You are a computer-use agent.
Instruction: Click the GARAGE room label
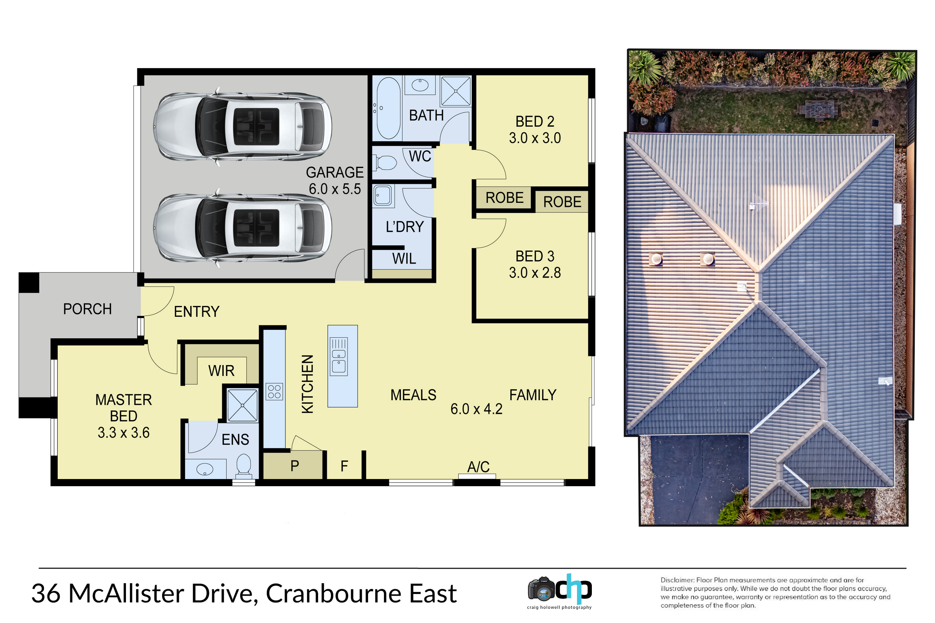pyautogui.click(x=335, y=173)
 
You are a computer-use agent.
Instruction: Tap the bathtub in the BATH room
pyautogui.click(x=388, y=108)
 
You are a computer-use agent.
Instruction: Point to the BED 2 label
pyautogui.click(x=535, y=121)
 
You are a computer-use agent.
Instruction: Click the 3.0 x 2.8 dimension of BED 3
pyautogui.click(x=535, y=273)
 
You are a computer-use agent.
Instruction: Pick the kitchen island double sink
pyautogui.click(x=339, y=357)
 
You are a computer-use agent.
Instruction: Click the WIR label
pyautogui.click(x=221, y=371)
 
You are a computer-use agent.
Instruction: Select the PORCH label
pyautogui.click(x=88, y=309)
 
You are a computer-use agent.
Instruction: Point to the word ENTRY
pyautogui.click(x=197, y=312)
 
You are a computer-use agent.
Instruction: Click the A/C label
pyautogui.click(x=478, y=467)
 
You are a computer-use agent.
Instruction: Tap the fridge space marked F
pyautogui.click(x=344, y=466)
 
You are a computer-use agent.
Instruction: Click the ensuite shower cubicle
pyautogui.click(x=242, y=405)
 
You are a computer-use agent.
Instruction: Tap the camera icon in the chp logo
pyautogui.click(x=541, y=589)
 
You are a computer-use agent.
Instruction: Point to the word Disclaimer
pyautogui.click(x=677, y=580)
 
